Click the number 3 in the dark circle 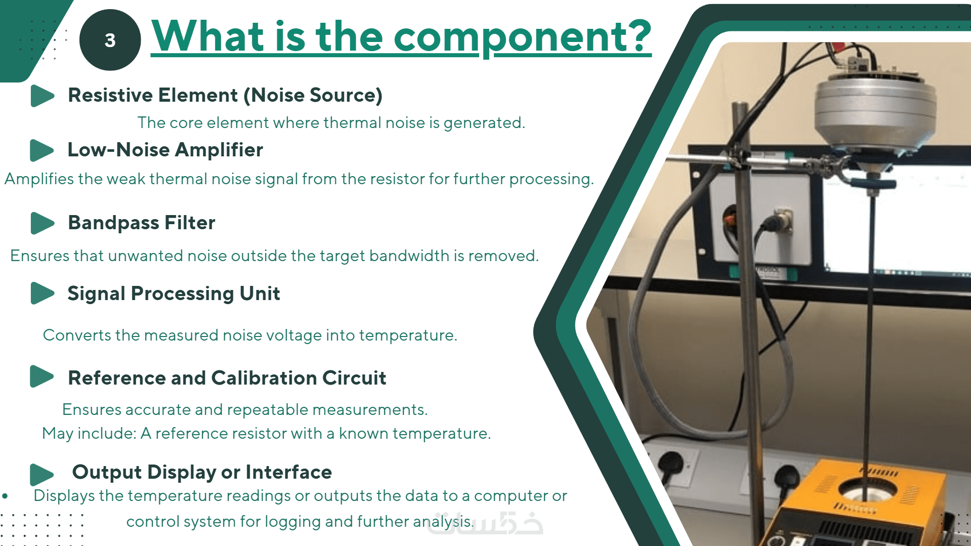(110, 40)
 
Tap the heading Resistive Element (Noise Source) (225, 95)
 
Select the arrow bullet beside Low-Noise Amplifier (42, 150)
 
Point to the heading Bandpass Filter (142, 223)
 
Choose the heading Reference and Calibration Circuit (227, 378)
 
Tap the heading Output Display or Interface (202, 472)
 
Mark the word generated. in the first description (484, 123)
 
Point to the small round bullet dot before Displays (5, 496)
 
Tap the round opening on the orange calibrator (867, 490)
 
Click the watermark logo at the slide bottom (485, 524)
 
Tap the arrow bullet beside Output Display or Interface (42, 475)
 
